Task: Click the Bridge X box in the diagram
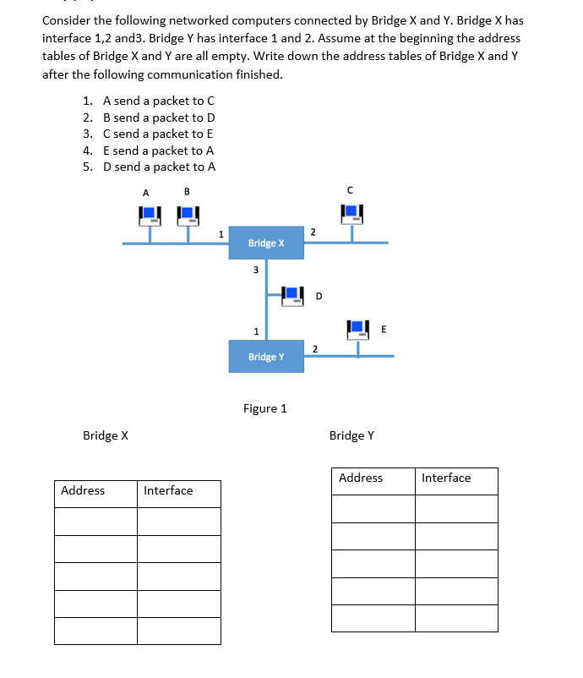tap(266, 243)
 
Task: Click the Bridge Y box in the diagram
tap(266, 356)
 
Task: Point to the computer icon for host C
tap(351, 216)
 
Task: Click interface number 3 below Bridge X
tap(256, 271)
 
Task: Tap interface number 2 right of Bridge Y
tap(314, 348)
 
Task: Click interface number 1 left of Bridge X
tap(221, 234)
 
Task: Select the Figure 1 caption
tap(265, 408)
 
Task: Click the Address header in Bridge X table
tap(83, 490)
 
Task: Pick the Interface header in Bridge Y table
tap(446, 478)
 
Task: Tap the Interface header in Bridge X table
tap(168, 490)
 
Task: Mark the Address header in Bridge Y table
tap(361, 478)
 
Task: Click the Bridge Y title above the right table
tap(351, 435)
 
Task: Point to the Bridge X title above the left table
tap(106, 435)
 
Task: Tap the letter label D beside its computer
tap(319, 296)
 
